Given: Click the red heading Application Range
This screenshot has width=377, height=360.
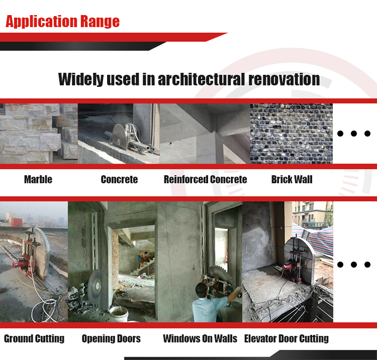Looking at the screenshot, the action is [x=62, y=22].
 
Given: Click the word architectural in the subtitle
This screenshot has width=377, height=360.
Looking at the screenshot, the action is [x=201, y=79].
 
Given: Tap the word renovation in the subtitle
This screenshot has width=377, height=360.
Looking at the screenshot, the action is [x=284, y=79].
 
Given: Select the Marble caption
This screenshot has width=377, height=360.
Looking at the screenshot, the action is [x=38, y=179].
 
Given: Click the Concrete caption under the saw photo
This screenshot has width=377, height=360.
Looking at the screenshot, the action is [x=119, y=179].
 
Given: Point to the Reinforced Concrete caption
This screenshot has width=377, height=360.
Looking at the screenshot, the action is [x=205, y=179].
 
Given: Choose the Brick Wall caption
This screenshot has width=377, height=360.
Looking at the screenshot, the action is [x=292, y=179].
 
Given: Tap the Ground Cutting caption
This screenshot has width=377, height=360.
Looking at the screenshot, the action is [x=34, y=338].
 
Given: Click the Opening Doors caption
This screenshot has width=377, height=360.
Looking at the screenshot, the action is [x=111, y=338].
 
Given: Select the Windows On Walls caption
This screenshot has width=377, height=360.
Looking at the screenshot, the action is [x=200, y=338].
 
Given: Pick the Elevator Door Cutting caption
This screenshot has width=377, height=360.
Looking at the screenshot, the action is [x=287, y=338].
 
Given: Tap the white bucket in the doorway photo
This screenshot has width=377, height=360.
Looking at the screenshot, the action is [x=119, y=314].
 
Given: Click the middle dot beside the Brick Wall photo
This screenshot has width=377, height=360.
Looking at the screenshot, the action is [x=354, y=134].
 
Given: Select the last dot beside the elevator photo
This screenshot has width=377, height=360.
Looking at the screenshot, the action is [x=367, y=265].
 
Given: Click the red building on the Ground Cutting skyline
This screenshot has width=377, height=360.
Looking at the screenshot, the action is [x=16, y=222].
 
